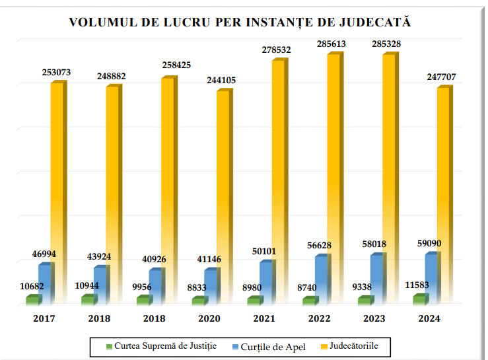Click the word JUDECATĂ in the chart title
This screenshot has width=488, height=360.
376,22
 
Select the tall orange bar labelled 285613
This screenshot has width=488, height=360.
333,178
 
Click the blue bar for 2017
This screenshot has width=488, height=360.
44,284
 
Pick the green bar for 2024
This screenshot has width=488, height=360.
418,299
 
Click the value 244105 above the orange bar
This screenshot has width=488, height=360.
218,80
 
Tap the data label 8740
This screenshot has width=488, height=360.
307,287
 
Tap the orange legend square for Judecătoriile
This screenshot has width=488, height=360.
324,345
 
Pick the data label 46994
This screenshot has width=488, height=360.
45,254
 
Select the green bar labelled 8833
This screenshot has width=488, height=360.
197,301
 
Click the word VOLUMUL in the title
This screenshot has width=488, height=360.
100,22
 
